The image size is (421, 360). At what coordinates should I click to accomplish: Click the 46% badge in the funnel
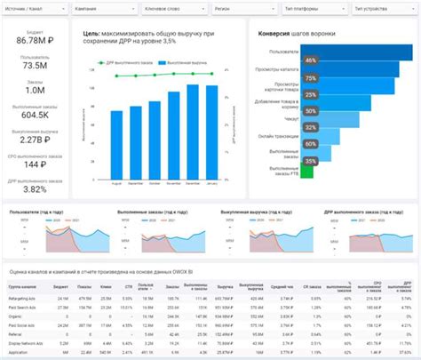[310, 60]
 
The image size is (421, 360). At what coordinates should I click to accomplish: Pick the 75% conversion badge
[310, 77]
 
